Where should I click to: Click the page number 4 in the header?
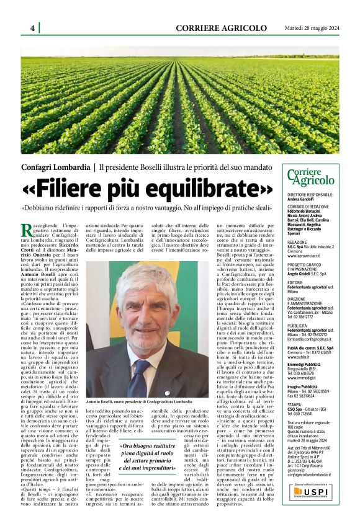click(x=32, y=28)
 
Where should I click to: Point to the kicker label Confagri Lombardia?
click(x=55, y=167)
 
